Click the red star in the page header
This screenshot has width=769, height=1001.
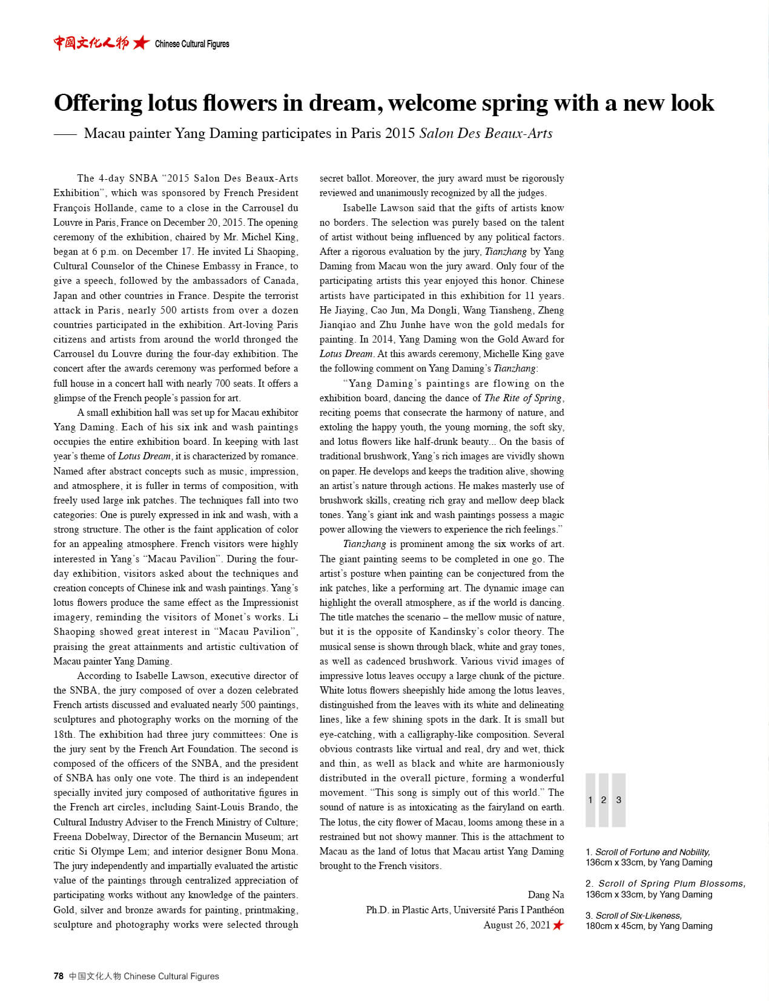(x=141, y=42)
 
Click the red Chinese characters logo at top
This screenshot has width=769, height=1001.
(x=91, y=42)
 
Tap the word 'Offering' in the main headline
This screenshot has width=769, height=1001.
(x=98, y=103)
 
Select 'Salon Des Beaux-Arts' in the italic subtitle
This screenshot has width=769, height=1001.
(x=486, y=133)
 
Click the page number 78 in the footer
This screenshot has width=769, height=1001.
(x=58, y=976)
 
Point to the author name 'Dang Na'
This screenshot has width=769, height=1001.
(x=546, y=894)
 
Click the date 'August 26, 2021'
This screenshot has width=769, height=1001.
(x=517, y=924)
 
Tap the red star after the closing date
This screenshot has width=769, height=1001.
(x=558, y=924)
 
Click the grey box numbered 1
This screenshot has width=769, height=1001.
(x=590, y=799)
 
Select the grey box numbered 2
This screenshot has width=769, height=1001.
(x=604, y=799)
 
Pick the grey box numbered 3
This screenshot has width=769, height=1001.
(x=618, y=799)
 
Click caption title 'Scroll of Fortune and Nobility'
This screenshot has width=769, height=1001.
(x=652, y=852)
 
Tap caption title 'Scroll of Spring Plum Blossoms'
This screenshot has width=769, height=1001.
(x=672, y=883)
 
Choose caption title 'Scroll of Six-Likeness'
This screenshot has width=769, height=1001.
(x=639, y=915)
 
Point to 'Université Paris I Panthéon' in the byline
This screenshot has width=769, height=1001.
(x=509, y=910)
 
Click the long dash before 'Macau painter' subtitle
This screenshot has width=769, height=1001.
(x=65, y=134)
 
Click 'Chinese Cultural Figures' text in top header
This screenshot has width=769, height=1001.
(x=192, y=44)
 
